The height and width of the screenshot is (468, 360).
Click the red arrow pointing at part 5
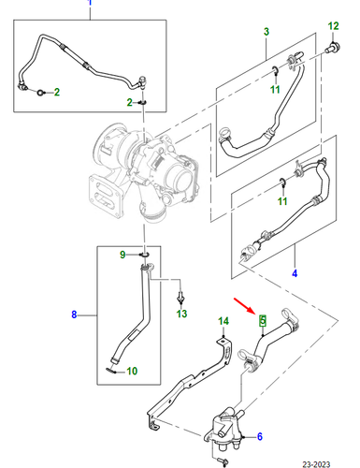[x=244, y=305]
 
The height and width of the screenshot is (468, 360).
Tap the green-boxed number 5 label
[x=263, y=320]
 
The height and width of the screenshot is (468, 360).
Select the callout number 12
[x=333, y=26]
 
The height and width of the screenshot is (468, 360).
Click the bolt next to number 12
[x=333, y=48]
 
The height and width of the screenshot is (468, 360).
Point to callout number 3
[x=266, y=32]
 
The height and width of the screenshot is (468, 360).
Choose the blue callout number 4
[x=295, y=273]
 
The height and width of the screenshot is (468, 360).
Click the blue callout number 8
[x=74, y=314]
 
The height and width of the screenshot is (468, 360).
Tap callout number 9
[x=122, y=255]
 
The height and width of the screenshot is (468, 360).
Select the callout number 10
[x=132, y=371]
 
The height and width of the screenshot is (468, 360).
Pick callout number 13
[x=181, y=314]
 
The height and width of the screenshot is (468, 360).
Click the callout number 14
[x=223, y=321]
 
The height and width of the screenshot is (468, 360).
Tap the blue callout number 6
[x=260, y=436]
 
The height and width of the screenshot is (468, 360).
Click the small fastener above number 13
[x=180, y=298]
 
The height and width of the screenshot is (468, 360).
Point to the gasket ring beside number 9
[x=145, y=255]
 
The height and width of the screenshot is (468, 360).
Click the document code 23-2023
[x=316, y=464]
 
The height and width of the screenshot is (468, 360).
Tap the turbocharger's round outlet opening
[x=181, y=181]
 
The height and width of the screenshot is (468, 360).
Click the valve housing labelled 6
[x=223, y=429]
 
